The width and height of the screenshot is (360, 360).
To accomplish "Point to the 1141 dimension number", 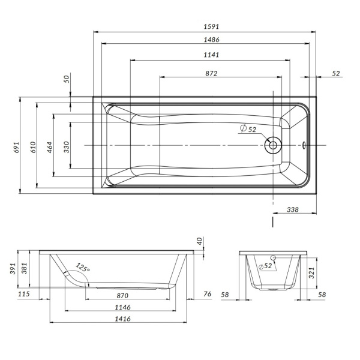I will coord(211,56).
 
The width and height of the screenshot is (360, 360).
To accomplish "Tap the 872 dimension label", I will coord(211,73).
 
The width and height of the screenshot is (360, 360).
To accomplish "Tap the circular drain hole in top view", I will coord(272,145).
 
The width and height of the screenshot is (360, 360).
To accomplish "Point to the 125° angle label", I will coord(83,268).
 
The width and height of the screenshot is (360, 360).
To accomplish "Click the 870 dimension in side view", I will coord(122,295).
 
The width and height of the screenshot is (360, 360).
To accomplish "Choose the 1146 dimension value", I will coord(122,307).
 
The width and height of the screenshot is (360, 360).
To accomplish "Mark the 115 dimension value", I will coord(24,294).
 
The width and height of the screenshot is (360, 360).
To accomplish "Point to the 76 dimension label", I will coord(207,294).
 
